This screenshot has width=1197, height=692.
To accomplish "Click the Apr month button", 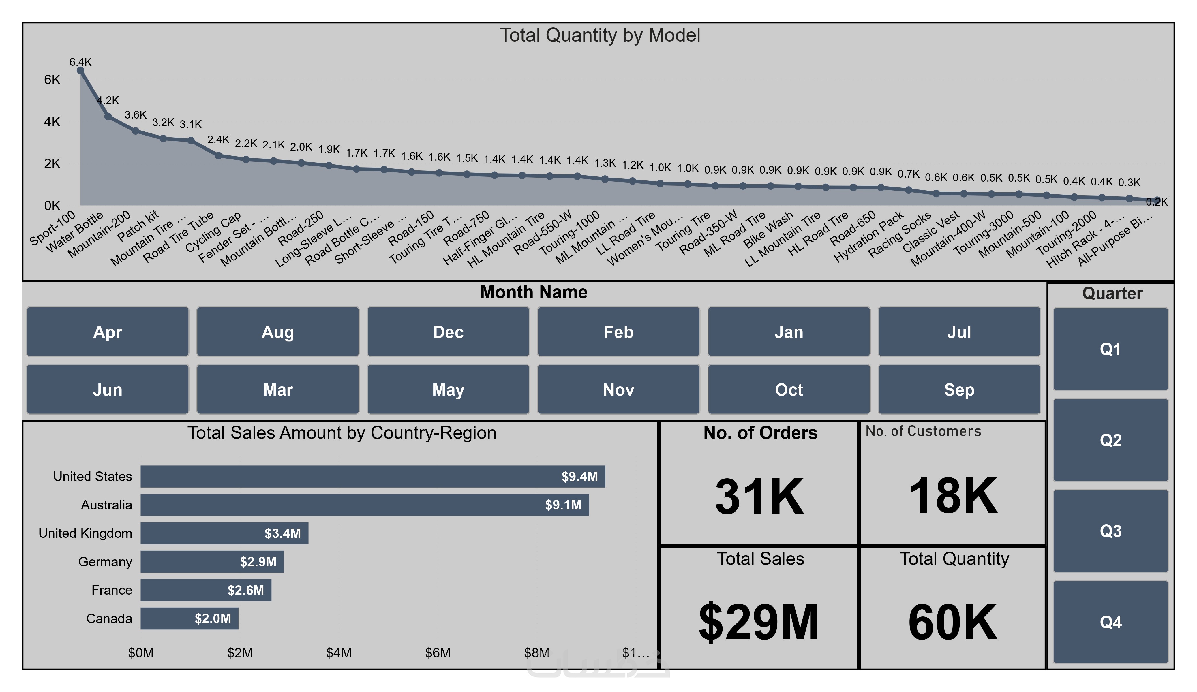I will [x=107, y=332].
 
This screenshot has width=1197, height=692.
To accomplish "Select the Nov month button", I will [x=618, y=390].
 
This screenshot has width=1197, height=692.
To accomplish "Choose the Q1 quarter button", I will [x=1110, y=349].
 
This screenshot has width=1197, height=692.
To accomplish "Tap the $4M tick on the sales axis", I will [x=339, y=652].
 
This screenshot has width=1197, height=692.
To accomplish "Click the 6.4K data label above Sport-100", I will [x=80, y=62].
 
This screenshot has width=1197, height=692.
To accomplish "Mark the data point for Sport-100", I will [x=80, y=70].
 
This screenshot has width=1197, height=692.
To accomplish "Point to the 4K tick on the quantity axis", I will [x=52, y=122].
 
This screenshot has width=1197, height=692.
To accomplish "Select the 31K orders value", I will [x=759, y=496].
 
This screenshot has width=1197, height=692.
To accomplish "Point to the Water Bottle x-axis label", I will [x=75, y=231].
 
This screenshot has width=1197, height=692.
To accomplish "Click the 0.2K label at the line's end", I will [x=1156, y=202].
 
